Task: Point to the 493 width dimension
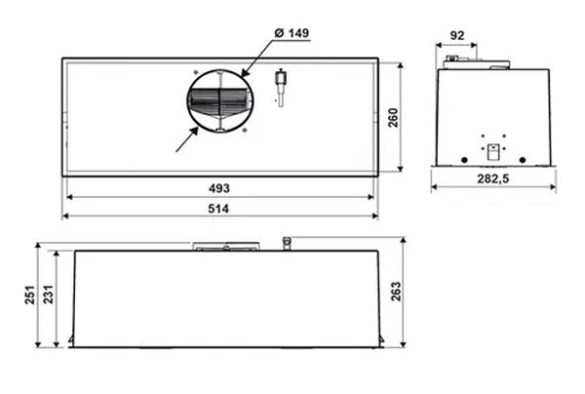[x=219, y=187]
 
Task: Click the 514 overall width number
[x=219, y=208]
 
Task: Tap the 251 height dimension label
[x=30, y=295]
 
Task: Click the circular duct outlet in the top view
[x=220, y=101]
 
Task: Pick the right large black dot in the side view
[x=524, y=160]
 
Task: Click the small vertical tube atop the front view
[x=286, y=243]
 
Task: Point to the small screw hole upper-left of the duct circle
[x=195, y=73]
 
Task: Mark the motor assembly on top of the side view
[x=475, y=63]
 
